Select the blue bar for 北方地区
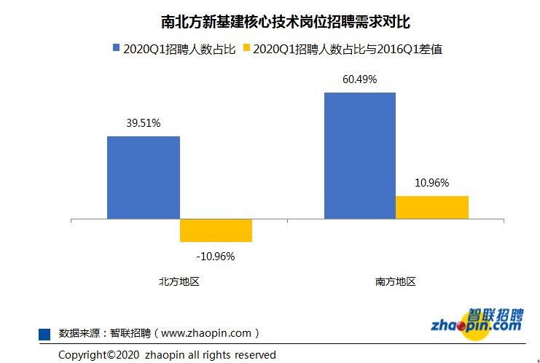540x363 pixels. pos(143,177)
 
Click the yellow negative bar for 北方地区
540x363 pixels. pos(216,230)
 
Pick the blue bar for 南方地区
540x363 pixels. pos(359,155)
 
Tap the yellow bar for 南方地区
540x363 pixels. pos(432,207)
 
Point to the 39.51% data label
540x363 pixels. pos(143,123)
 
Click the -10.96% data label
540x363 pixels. pos(216,256)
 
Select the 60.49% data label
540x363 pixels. pos(359,79)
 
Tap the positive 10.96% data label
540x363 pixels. pos(432,183)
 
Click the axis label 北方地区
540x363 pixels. pos(179,282)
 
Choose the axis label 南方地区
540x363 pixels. pos(396,282)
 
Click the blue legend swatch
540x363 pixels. pos(115,49)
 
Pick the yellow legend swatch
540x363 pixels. pos(246,49)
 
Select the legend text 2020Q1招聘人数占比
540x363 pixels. pos(179,50)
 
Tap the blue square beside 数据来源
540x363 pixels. pos(44,333)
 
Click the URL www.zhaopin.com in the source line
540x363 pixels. pos(206,333)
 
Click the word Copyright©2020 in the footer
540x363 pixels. pos(98,355)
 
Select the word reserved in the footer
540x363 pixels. pos(254,355)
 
